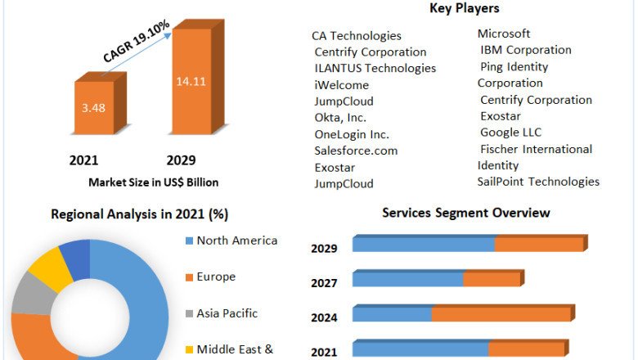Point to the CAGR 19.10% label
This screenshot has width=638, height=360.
[137, 41]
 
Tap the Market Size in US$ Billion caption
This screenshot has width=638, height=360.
[154, 182]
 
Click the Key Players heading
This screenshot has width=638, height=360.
[464, 9]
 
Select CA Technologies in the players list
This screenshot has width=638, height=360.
[357, 36]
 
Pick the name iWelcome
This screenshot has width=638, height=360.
[342, 85]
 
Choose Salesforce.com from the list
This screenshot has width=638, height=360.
[356, 151]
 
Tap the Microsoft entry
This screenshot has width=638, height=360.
[504, 34]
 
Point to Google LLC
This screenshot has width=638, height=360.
[511, 133]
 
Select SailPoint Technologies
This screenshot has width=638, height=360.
[538, 182]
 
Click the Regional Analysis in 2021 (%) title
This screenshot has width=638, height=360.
[140, 214]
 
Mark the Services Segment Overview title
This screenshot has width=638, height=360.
[466, 213]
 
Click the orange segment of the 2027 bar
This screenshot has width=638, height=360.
[492, 280]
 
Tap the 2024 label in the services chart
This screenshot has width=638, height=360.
[324, 317]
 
